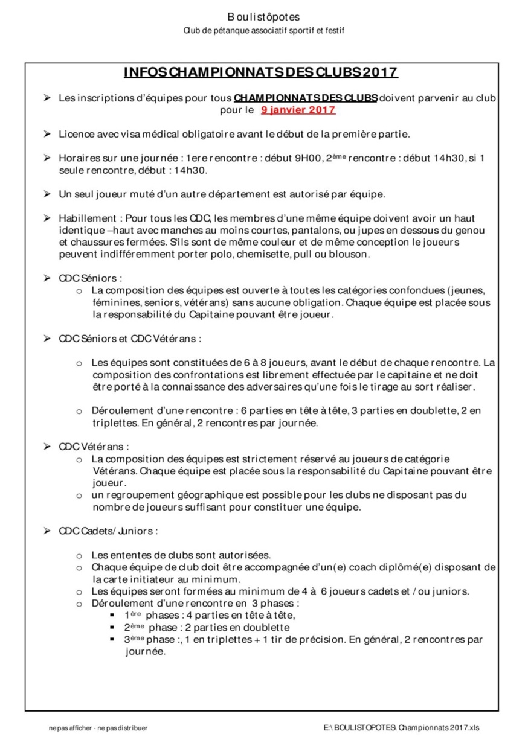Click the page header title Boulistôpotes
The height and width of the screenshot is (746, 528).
pyautogui.click(x=263, y=17)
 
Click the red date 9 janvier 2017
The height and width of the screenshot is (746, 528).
pyautogui.click(x=298, y=110)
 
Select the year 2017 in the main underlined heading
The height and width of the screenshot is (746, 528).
pyautogui.click(x=379, y=73)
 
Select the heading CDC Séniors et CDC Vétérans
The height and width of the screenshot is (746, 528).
pyautogui.click(x=129, y=339)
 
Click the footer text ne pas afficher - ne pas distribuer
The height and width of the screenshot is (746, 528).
pyautogui.click(x=98, y=728)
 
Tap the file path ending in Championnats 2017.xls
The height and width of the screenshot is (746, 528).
pyautogui.click(x=404, y=728)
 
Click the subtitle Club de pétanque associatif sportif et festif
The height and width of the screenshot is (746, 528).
pyautogui.click(x=264, y=30)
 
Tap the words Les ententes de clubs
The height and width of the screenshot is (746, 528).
pyautogui.click(x=141, y=555)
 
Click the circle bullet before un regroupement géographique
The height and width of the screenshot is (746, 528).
pyautogui.click(x=79, y=496)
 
